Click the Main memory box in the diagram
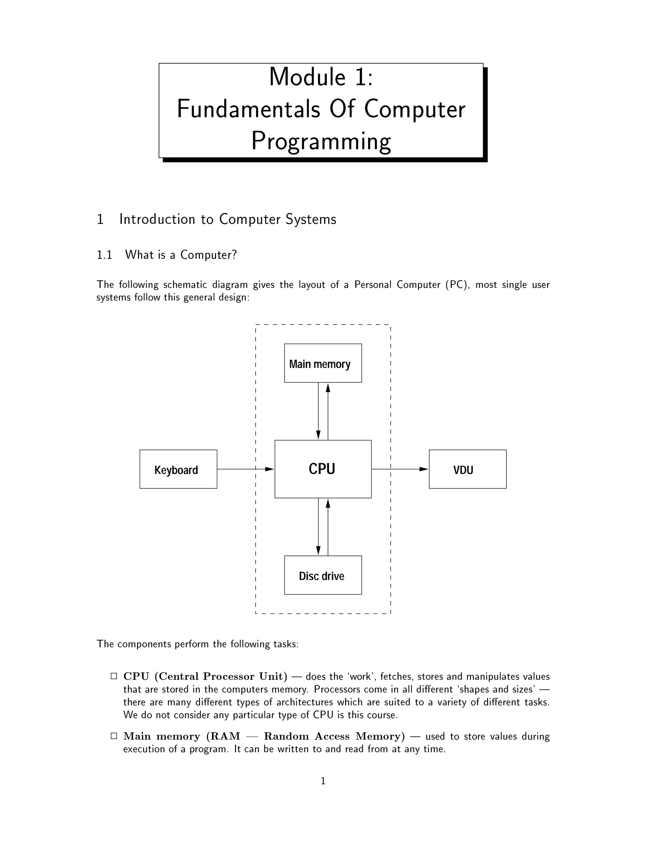point(323,363)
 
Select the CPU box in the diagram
point(323,469)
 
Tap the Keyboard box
point(178,469)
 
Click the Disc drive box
point(323,575)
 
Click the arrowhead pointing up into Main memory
point(328,388)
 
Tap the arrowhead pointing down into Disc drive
point(318,551)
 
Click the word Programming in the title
point(321,141)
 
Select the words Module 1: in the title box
point(321,77)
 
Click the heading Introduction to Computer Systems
point(228,220)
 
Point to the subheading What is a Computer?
point(181,255)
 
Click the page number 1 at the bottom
point(323,781)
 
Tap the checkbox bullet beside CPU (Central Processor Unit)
point(114,676)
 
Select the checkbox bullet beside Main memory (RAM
point(114,736)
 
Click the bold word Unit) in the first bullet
point(273,676)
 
